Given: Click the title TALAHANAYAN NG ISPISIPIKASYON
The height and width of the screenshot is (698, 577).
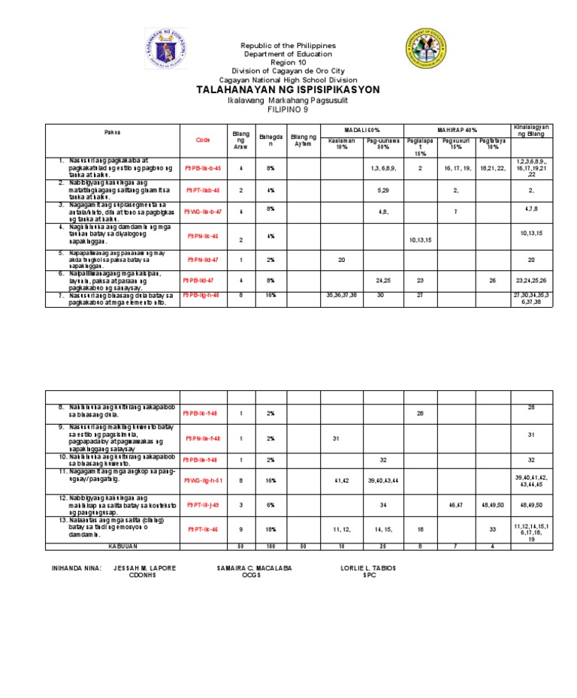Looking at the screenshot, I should point(288,89).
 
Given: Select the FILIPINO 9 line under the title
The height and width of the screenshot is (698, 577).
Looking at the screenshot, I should point(288,110).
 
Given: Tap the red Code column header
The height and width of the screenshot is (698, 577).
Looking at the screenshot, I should point(203,140).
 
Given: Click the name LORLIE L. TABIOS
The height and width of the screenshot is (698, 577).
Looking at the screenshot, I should point(368,567).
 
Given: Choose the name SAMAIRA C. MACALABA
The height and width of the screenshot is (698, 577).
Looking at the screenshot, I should point(254,567).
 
